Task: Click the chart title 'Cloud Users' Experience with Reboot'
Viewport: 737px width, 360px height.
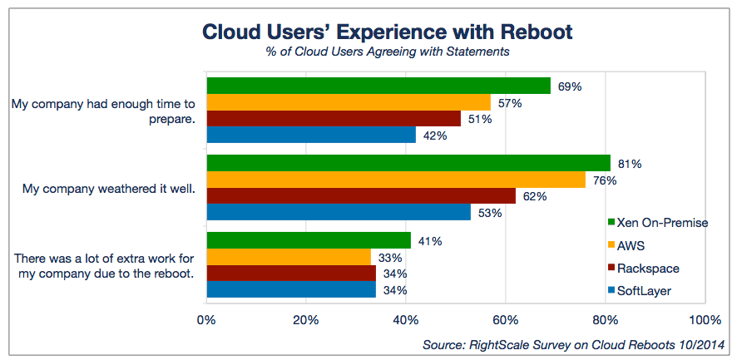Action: pos(388,32)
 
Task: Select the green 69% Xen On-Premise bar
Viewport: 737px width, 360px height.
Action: pos(378,86)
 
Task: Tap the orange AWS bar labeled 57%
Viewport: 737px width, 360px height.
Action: pos(348,102)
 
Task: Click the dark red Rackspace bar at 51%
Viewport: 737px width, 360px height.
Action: pos(333,119)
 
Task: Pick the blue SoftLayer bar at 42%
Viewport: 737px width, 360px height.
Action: pos(310,135)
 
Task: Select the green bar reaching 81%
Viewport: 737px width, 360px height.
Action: pos(408,163)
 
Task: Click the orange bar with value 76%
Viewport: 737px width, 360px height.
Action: pos(395,180)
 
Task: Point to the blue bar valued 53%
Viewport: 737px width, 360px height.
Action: pos(338,212)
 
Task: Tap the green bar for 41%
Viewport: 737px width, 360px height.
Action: pos(308,241)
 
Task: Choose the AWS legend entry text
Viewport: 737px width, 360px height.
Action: pos(631,245)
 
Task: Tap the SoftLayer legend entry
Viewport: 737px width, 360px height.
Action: pos(645,290)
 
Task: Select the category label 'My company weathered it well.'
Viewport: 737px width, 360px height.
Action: pos(108,189)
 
